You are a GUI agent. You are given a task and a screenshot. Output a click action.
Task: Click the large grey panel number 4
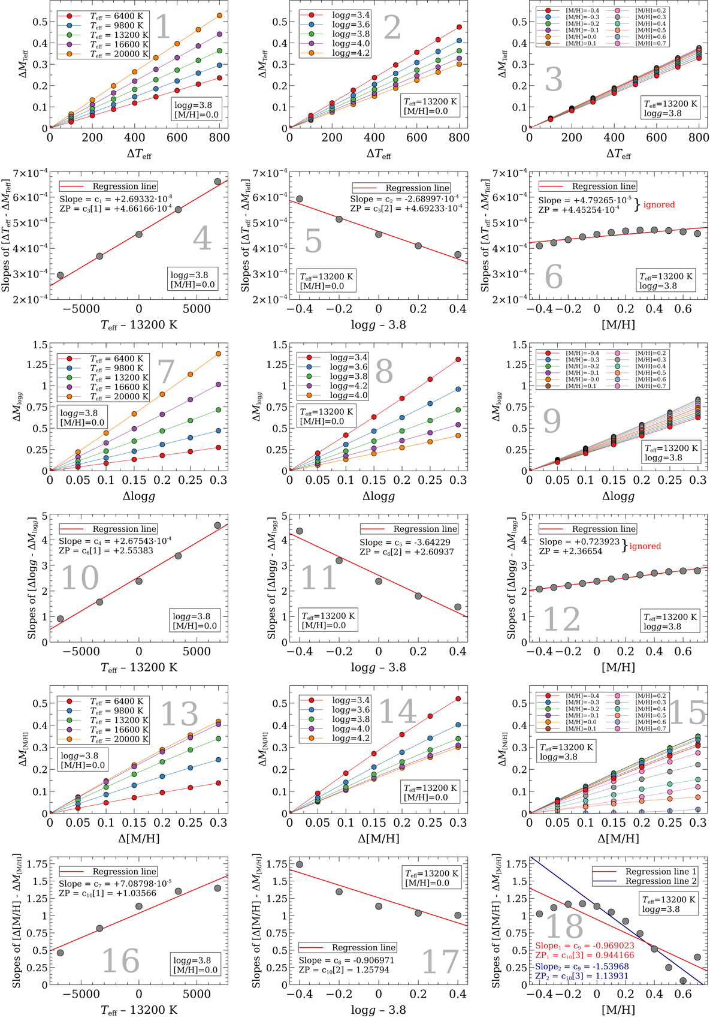pyautogui.click(x=203, y=238)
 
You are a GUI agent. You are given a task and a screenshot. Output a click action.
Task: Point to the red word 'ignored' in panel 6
pyautogui.click(x=659, y=205)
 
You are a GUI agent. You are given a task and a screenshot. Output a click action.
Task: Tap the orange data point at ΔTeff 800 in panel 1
pyautogui.click(x=219, y=16)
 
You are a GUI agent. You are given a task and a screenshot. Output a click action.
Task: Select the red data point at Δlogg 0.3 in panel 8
pyautogui.click(x=458, y=359)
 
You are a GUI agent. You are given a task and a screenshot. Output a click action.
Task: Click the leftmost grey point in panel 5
pyautogui.click(x=300, y=199)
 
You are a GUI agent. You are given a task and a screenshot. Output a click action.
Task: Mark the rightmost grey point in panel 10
pyautogui.click(x=217, y=525)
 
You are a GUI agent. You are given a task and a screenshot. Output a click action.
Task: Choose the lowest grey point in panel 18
pyautogui.click(x=683, y=981)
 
